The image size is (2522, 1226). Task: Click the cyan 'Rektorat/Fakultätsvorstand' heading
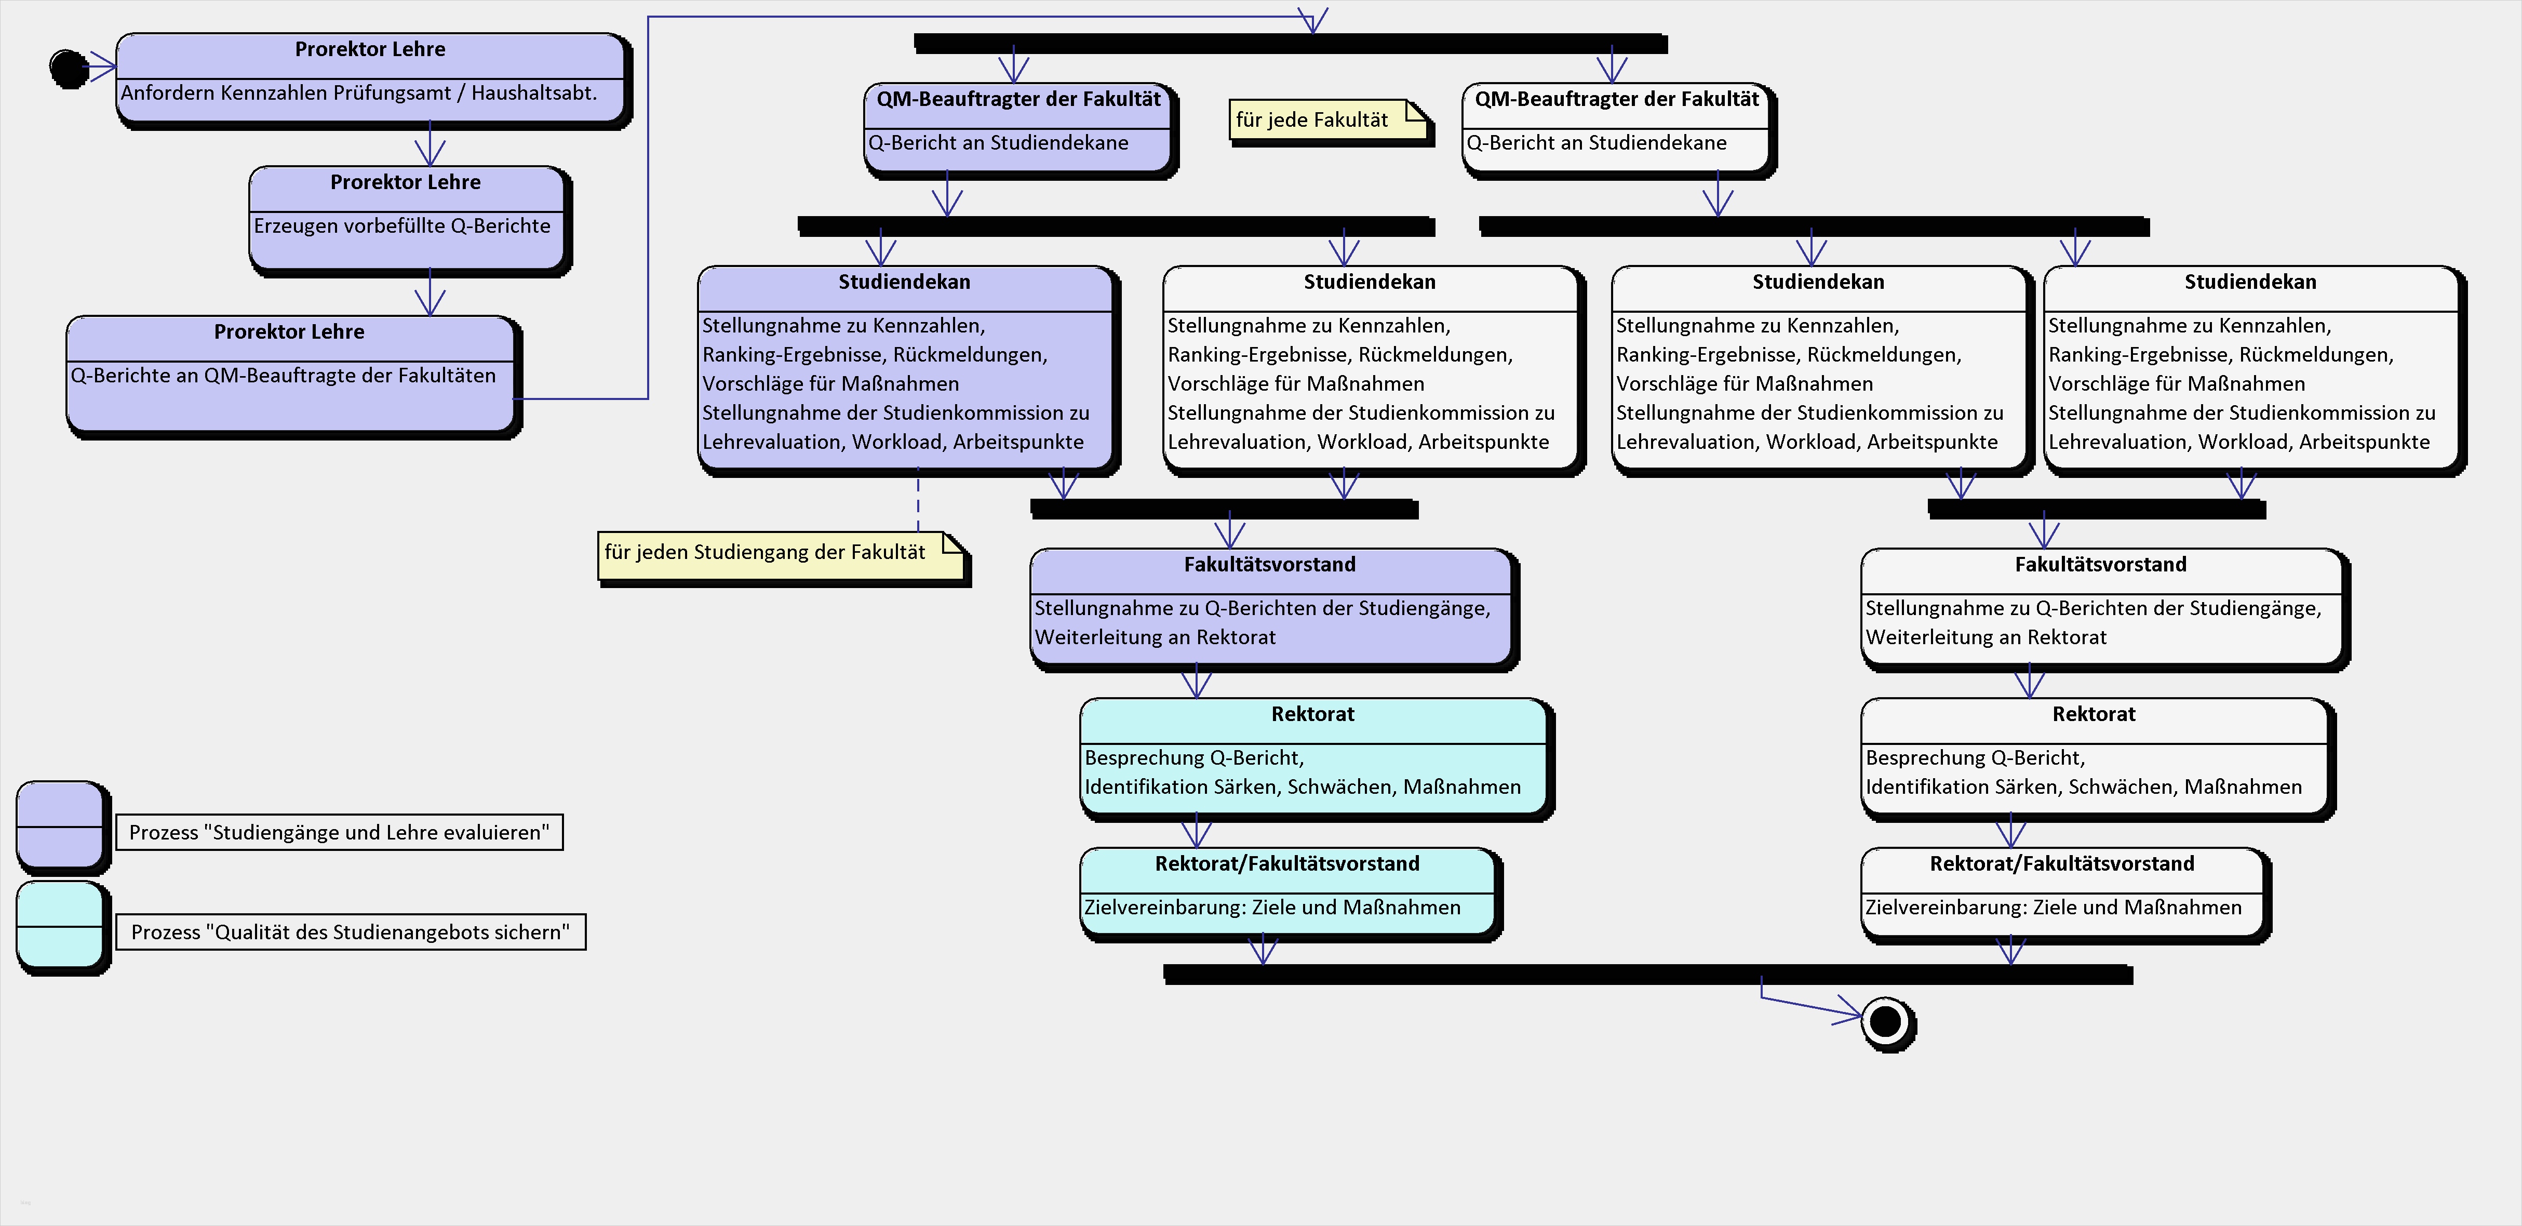point(1286,864)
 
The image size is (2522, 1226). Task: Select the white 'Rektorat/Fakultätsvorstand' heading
point(2062,864)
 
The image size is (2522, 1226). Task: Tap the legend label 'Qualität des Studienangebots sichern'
point(351,933)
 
